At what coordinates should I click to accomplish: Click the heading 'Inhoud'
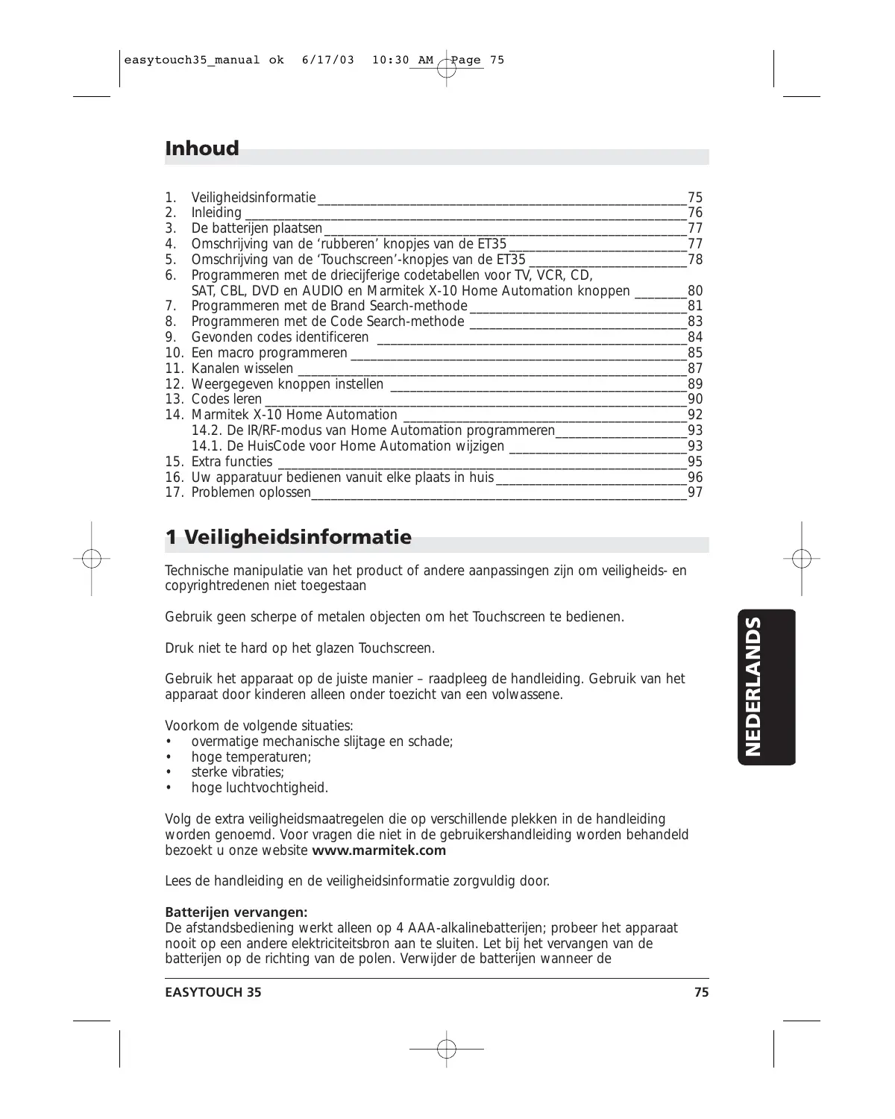202,148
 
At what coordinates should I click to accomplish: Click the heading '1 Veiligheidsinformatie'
288,537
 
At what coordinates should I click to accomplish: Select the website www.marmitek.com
379,850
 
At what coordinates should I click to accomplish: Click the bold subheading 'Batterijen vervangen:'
236,912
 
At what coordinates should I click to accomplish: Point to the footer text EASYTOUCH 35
213,992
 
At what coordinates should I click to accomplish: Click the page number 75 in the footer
701,992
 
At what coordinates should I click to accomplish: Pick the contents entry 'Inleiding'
216,213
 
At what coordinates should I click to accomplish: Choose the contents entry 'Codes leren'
227,399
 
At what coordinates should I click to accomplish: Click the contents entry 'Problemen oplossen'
251,492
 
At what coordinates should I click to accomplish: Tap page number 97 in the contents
695,492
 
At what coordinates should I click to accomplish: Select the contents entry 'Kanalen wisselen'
242,369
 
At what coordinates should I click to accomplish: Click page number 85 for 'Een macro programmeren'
695,353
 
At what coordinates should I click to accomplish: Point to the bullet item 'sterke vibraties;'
238,772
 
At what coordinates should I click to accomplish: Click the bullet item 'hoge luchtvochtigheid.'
260,788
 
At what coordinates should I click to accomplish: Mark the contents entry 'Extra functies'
232,462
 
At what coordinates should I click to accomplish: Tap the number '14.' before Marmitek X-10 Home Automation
175,415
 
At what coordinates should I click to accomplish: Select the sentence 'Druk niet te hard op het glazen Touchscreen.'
300,648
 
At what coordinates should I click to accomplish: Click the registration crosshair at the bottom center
446,1049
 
